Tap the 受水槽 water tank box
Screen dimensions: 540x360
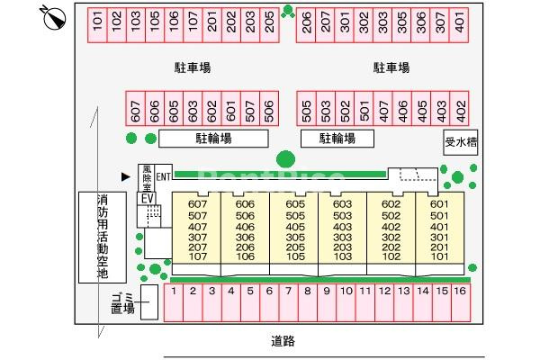click(461, 142)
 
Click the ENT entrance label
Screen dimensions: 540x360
click(163, 177)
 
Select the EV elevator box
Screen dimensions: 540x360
click(148, 199)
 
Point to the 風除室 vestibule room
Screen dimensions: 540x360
click(147, 178)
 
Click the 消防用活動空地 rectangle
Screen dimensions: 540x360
click(103, 238)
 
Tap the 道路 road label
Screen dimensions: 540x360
click(283, 341)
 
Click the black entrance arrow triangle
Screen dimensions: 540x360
click(126, 176)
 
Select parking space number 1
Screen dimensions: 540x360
click(174, 302)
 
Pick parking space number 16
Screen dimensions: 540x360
click(461, 302)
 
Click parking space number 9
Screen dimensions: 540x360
click(327, 302)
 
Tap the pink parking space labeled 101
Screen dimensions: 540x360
click(97, 25)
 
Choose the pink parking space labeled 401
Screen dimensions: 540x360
click(459, 25)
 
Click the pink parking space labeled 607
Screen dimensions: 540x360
click(136, 109)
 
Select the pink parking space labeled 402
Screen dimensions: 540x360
click(459, 109)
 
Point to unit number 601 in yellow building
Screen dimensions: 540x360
click(439, 204)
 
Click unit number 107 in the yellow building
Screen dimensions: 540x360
click(198, 256)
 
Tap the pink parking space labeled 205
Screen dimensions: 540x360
click(269, 25)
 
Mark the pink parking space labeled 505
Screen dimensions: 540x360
click(306, 109)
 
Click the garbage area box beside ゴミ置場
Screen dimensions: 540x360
click(149, 302)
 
